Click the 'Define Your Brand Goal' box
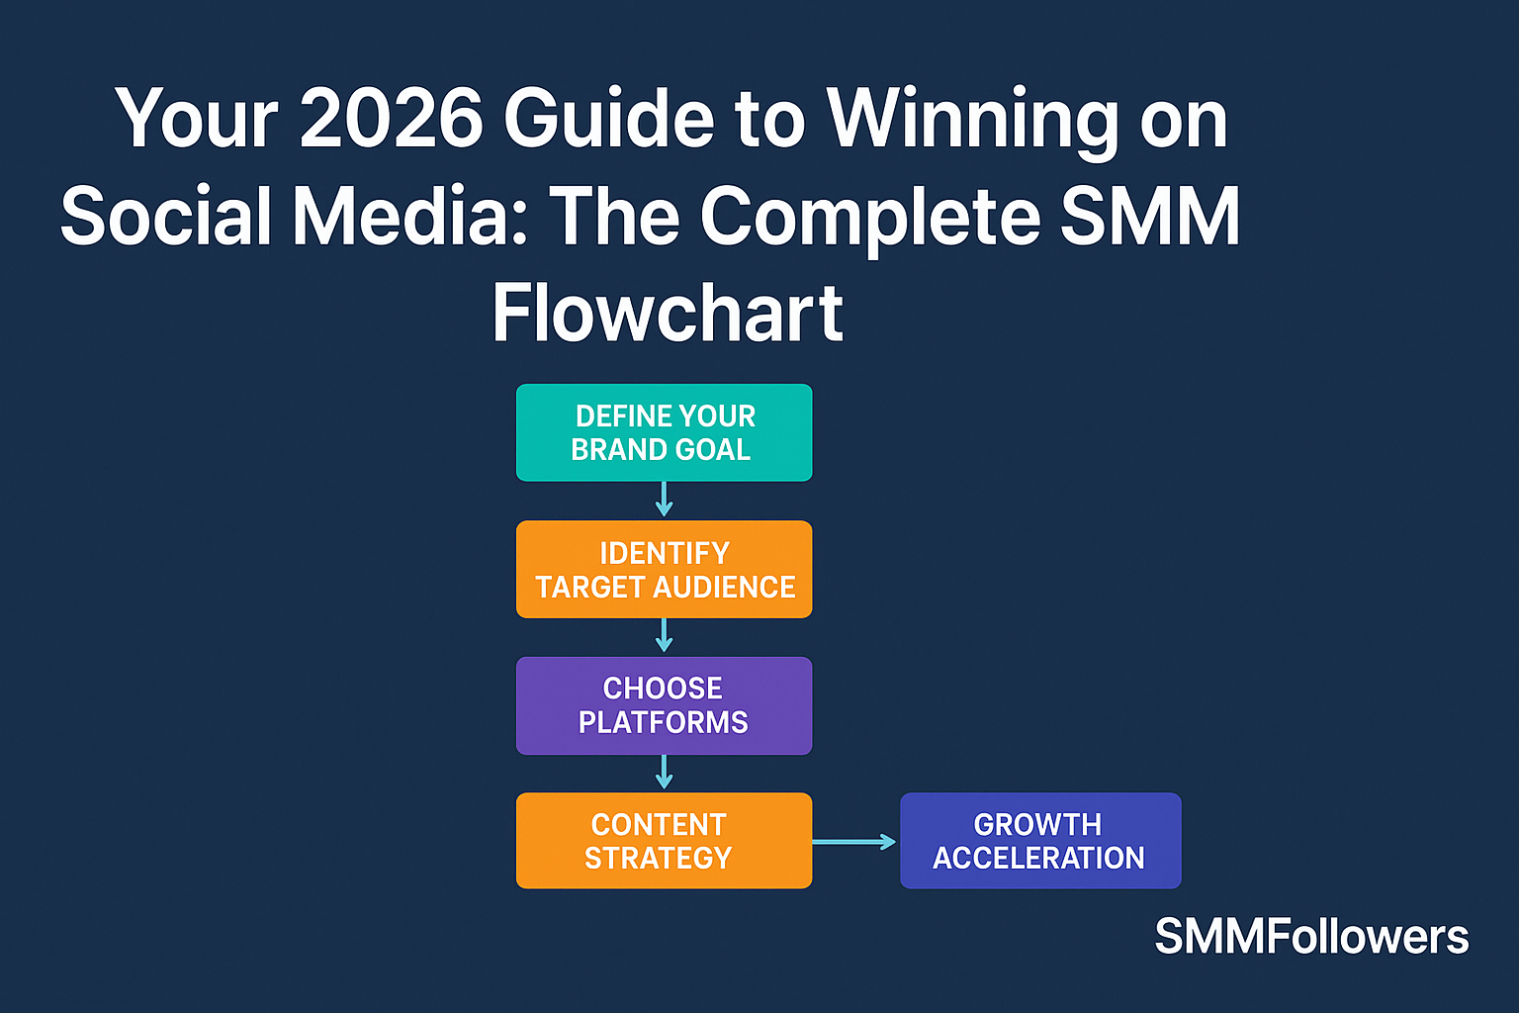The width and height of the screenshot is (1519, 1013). tap(664, 432)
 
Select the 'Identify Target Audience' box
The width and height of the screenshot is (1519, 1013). tap(664, 569)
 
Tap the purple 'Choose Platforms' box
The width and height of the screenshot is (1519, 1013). tap(664, 705)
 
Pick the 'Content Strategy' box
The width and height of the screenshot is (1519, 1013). tap(664, 841)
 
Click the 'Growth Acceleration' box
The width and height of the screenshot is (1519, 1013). tap(1040, 841)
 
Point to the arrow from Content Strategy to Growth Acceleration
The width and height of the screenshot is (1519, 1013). tap(854, 842)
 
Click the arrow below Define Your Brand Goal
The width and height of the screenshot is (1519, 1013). tap(664, 500)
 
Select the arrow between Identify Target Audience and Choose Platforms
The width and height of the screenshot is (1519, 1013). tap(664, 636)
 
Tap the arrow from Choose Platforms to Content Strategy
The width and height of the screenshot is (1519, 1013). tap(664, 773)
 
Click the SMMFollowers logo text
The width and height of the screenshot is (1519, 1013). tap(1311, 936)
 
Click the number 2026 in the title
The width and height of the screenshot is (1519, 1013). tap(392, 119)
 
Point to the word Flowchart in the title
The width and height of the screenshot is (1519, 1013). tap(668, 314)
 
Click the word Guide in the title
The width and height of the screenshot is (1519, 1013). tap(608, 119)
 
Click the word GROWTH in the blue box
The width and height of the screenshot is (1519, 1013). tap(1037, 824)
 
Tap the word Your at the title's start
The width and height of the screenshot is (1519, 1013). tap(197, 119)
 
